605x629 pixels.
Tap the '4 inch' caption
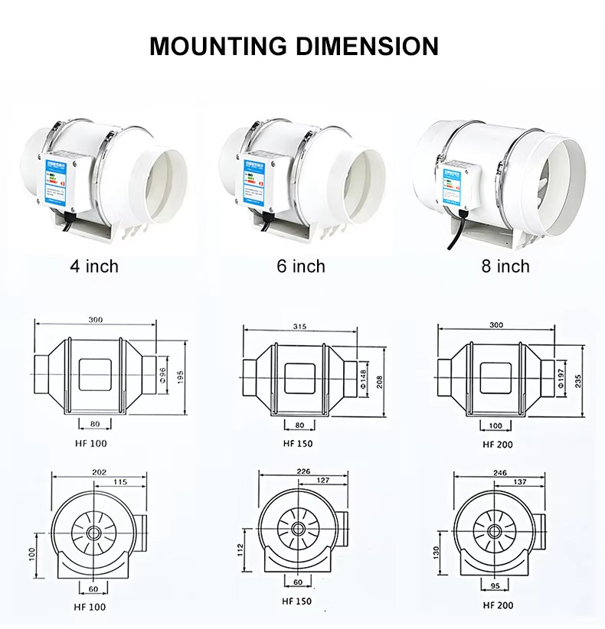click(x=94, y=266)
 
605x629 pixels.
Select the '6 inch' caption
click(x=301, y=266)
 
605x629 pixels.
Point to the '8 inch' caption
click(x=505, y=266)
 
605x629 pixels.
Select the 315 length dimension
click(x=299, y=327)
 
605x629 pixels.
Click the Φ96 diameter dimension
click(x=162, y=375)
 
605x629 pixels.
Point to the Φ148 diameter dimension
click(x=362, y=378)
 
